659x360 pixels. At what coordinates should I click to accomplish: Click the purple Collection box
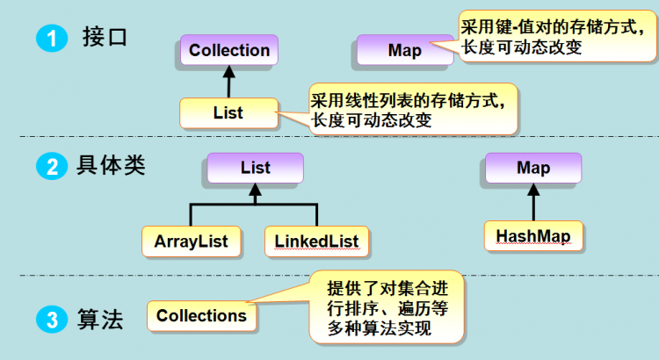pos(229,50)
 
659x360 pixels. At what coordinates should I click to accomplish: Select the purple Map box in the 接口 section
pos(405,50)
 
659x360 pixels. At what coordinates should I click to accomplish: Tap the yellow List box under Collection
pos(228,113)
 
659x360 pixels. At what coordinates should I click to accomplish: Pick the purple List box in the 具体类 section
pos(255,168)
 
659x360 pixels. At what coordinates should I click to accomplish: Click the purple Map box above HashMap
pos(533,168)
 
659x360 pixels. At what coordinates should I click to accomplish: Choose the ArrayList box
pos(192,241)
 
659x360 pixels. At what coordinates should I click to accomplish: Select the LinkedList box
pos(316,241)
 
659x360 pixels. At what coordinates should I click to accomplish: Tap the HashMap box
pos(533,236)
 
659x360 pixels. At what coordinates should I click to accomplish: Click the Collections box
pos(202,316)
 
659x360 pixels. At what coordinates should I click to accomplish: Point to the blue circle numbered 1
pos(52,39)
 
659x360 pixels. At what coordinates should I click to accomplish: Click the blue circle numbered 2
pos(52,166)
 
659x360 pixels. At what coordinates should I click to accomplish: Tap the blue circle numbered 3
pos(52,320)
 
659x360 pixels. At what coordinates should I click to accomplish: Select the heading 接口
pos(105,37)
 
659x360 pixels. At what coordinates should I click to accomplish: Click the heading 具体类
pos(111,165)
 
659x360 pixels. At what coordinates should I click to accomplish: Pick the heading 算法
pos(100,320)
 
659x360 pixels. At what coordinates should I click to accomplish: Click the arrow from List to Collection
pos(228,82)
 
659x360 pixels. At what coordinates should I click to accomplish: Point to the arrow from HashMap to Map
pos(533,202)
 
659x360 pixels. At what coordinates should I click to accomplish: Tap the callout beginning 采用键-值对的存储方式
pos(557,37)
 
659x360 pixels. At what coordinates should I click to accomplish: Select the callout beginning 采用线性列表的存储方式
pos(413,109)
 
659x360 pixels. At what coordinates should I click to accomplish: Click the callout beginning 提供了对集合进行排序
pos(387,307)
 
